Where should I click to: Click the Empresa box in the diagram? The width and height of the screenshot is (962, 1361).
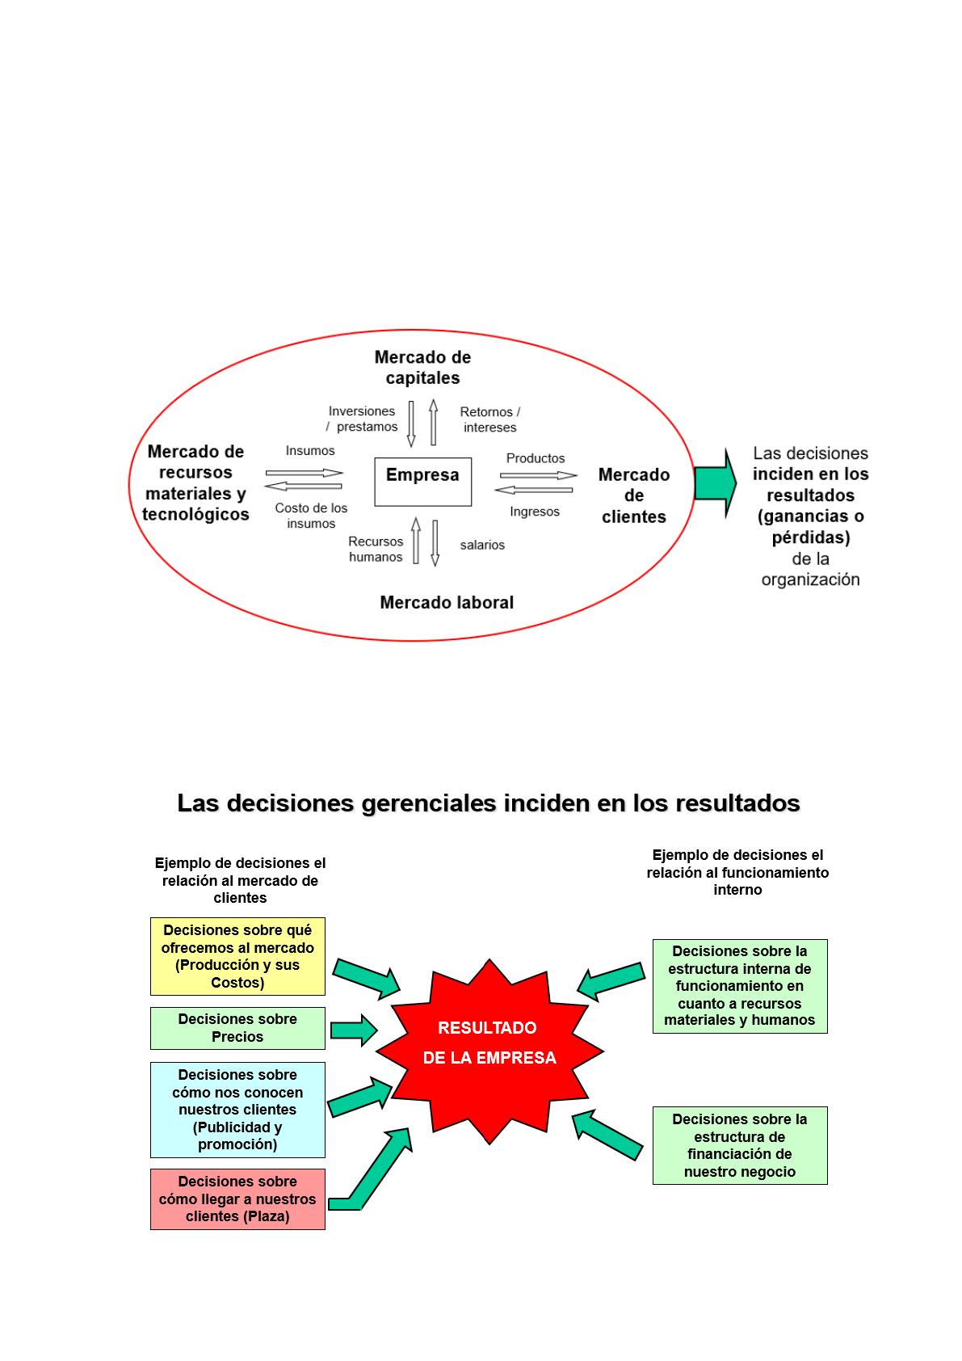pos(422,482)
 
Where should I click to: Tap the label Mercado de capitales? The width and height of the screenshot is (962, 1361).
pos(422,368)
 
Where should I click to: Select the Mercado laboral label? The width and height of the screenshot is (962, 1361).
pos(447,602)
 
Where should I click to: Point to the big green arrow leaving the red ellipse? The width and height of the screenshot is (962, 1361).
pos(715,482)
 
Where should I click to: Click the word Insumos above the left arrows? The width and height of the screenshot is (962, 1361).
pos(310,451)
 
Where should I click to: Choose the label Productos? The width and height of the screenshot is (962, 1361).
pos(536,458)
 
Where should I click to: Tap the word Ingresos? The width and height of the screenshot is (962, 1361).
pos(535,512)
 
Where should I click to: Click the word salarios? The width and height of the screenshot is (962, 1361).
pos(482,546)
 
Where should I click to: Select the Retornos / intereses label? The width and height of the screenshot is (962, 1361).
pos(490,419)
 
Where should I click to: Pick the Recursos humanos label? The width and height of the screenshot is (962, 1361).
pos(376,550)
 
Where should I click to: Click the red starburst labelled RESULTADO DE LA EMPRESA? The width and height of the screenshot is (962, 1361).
pos(489,1051)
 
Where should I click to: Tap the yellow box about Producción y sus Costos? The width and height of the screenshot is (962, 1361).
pos(237,956)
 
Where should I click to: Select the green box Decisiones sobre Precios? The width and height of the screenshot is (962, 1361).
pos(237,1028)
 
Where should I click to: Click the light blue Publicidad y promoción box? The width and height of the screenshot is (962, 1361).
pos(237,1110)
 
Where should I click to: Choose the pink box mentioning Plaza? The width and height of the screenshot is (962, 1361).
pos(237,1199)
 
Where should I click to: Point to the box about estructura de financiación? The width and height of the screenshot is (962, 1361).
pos(740,1145)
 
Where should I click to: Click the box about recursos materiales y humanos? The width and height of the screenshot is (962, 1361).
pos(740,986)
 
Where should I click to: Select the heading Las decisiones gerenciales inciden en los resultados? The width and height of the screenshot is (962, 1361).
pos(488,803)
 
